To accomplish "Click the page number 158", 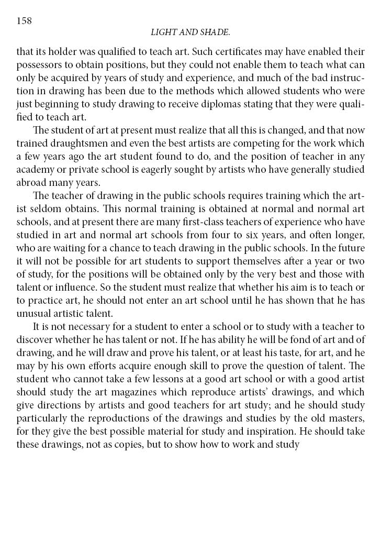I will pyautogui.click(x=25, y=21).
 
